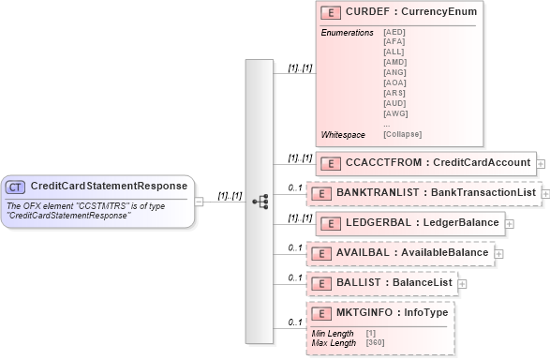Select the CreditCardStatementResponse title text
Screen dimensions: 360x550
108,187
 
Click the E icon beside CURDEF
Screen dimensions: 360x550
329,12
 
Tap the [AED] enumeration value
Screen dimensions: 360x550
394,31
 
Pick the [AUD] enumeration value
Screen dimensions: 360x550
394,103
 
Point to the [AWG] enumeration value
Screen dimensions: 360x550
394,113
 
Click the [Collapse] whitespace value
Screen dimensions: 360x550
402,134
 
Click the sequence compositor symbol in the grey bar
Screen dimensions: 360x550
260,201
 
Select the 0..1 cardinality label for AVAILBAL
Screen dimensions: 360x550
293,248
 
